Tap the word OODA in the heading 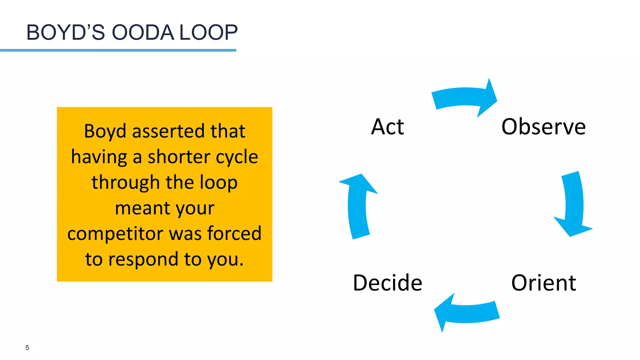[x=143, y=32]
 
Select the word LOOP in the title [x=208, y=32]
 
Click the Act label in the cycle [x=387, y=127]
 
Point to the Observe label [x=543, y=127]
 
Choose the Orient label [x=543, y=283]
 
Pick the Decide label [x=387, y=283]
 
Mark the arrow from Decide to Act [x=358, y=206]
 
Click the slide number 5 [x=27, y=348]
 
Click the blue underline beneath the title [x=118, y=50]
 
